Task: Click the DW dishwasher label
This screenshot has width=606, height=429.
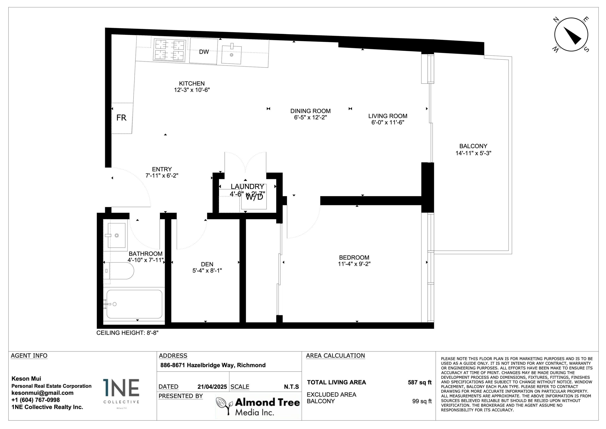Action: [204, 52]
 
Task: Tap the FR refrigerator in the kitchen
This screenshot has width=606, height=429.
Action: [121, 118]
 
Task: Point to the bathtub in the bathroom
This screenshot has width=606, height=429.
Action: [134, 304]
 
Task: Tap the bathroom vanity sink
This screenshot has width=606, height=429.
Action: [116, 235]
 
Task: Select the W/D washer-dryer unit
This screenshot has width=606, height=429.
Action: [254, 197]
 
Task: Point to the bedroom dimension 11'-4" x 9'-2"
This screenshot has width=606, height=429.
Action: [354, 264]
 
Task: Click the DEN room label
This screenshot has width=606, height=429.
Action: [207, 264]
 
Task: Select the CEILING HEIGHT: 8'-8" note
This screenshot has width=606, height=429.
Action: [127, 333]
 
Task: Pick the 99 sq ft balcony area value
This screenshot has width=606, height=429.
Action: [422, 401]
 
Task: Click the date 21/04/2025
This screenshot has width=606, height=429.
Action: [212, 387]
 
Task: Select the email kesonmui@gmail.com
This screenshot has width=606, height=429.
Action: [42, 393]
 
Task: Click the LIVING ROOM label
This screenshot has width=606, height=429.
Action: [387, 116]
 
